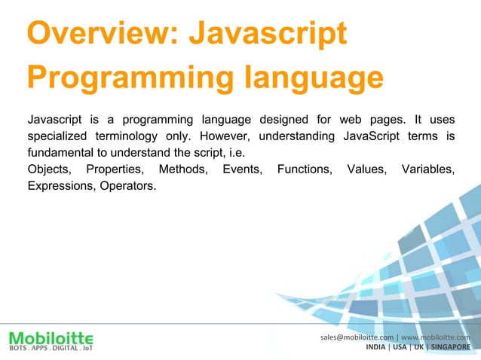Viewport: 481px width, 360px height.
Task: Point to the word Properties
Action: pos(115,169)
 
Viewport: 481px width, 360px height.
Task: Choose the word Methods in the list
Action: pos(183,169)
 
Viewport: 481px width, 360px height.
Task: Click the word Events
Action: pos(243,169)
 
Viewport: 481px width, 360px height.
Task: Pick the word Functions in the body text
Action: pos(305,169)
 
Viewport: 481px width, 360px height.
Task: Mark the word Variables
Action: pos(427,169)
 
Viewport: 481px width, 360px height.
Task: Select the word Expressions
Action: pos(59,185)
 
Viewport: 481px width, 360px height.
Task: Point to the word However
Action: pos(222,136)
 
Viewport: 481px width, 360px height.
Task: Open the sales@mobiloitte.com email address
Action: pos(357,337)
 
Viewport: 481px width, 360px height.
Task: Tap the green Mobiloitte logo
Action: pos(51,337)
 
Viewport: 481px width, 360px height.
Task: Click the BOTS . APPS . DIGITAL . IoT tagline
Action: pos(50,348)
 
